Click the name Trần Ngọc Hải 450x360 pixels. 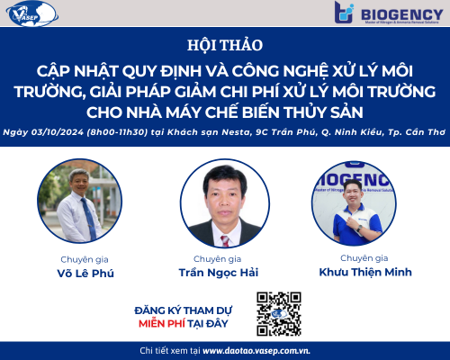(x=224, y=270)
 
